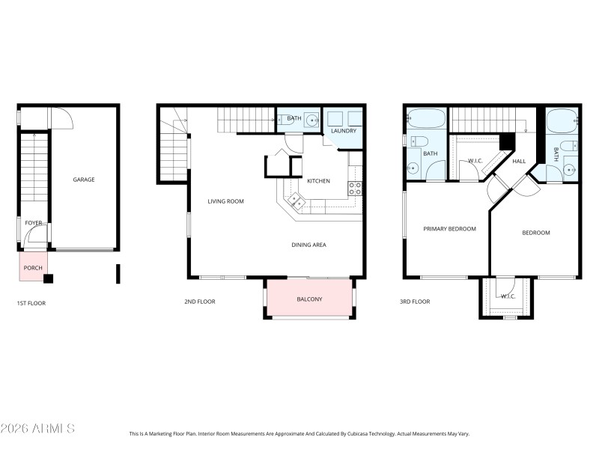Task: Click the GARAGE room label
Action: click(83, 180)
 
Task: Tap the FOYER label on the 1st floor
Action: click(34, 223)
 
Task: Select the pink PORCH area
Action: click(33, 267)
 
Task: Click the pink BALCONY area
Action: click(309, 299)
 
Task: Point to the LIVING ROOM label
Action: click(225, 201)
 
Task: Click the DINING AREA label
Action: click(308, 245)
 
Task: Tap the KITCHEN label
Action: click(318, 181)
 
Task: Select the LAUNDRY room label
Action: click(344, 132)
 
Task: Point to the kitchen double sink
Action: click(297, 200)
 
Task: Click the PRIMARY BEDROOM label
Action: click(449, 229)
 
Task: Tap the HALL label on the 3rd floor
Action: click(520, 161)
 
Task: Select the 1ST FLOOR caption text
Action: click(33, 303)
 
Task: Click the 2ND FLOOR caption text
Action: click(200, 302)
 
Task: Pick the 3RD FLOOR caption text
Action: click(415, 302)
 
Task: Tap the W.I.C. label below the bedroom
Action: click(508, 296)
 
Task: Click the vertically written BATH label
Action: click(556, 155)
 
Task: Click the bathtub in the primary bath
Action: click(426, 118)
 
